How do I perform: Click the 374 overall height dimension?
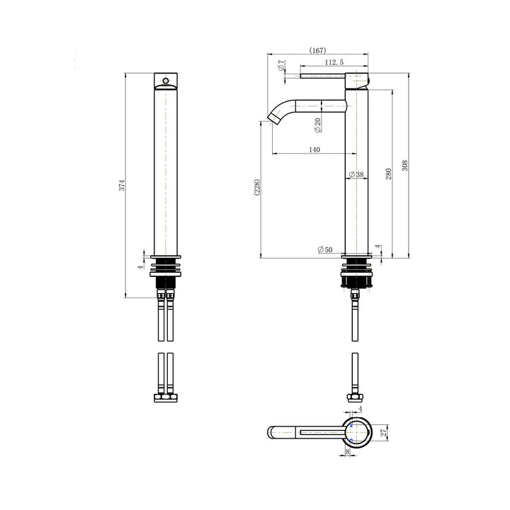122,186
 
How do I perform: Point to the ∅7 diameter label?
282,66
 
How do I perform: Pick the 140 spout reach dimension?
314,149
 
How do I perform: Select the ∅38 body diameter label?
356,174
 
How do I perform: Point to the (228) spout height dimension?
258,188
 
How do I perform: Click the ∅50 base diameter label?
325,249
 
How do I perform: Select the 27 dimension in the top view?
383,433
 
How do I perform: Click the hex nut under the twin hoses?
165,398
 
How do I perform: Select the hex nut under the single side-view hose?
355,398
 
